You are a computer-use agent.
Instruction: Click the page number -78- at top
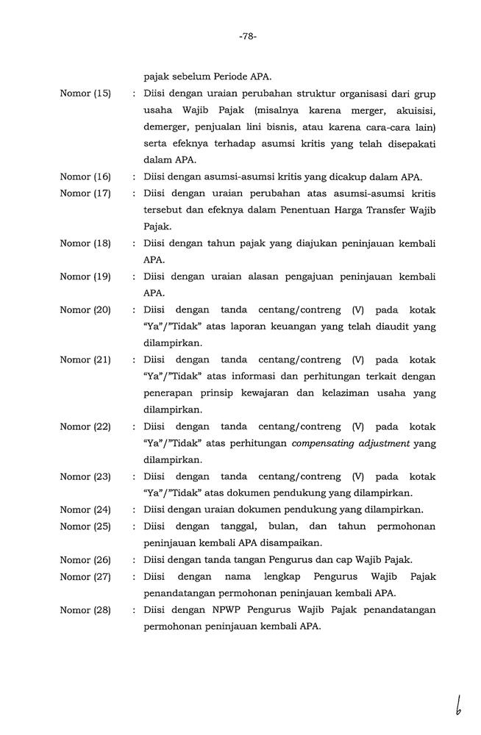[x=247, y=36]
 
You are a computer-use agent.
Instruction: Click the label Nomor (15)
[x=85, y=93]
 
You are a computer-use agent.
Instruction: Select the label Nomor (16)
[x=85, y=176]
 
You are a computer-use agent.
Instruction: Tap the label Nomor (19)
[x=85, y=276]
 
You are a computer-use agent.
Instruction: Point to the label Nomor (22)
[x=85, y=427]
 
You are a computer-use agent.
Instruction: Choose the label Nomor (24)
[x=85, y=510]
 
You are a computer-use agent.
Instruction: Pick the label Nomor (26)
[x=85, y=560]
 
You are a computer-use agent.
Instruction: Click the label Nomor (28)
[x=85, y=610]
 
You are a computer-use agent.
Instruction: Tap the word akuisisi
[x=413, y=110]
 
